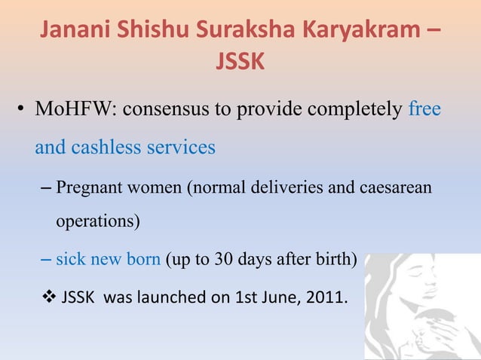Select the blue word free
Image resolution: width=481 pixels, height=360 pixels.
424,110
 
